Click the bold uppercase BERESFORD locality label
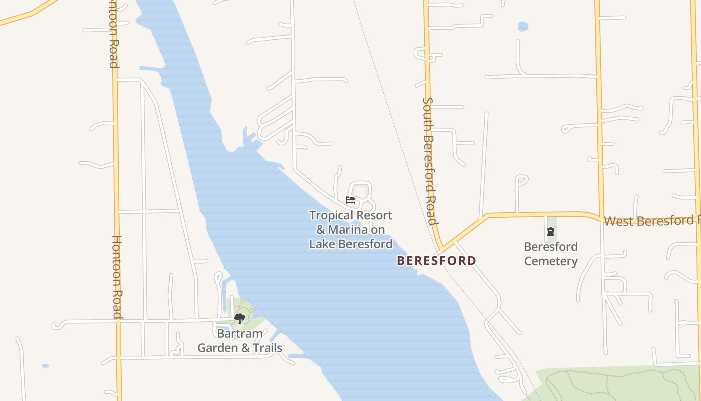(436, 261)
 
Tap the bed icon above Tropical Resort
(350, 199)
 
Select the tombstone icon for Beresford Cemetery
(551, 232)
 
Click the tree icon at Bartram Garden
(240, 318)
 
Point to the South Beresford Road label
(429, 160)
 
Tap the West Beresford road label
(651, 221)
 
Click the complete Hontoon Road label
(117, 277)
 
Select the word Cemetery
(551, 261)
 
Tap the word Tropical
(332, 216)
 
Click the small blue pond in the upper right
(523, 26)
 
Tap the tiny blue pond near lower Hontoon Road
(45, 366)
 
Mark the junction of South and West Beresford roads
(441, 249)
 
